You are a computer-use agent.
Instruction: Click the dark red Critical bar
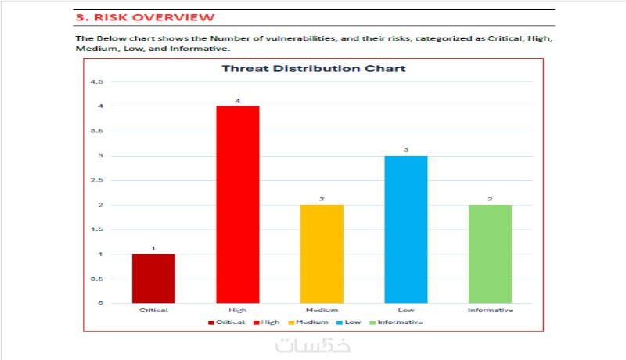pos(153,279)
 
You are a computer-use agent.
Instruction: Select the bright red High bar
pos(237,204)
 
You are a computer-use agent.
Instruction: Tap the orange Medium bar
pos(322,254)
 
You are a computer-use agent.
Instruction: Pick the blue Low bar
pos(405,229)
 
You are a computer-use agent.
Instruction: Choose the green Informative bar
pos(490,254)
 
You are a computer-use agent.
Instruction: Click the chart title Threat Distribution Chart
pos(313,68)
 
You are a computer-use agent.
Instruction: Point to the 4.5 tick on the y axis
pos(97,81)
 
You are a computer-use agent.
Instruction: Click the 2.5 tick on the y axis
pos(97,180)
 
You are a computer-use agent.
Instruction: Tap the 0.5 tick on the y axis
pos(97,279)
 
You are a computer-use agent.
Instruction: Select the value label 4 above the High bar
pos(237,100)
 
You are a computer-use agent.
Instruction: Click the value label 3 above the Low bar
pos(405,149)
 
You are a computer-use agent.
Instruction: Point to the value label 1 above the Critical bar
pos(153,248)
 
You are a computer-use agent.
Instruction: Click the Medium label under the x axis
pos(322,311)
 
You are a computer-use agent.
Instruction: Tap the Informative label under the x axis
pos(490,311)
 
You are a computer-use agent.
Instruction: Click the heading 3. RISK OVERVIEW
pos(145,17)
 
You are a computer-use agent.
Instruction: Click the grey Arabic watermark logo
pos(313,345)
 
